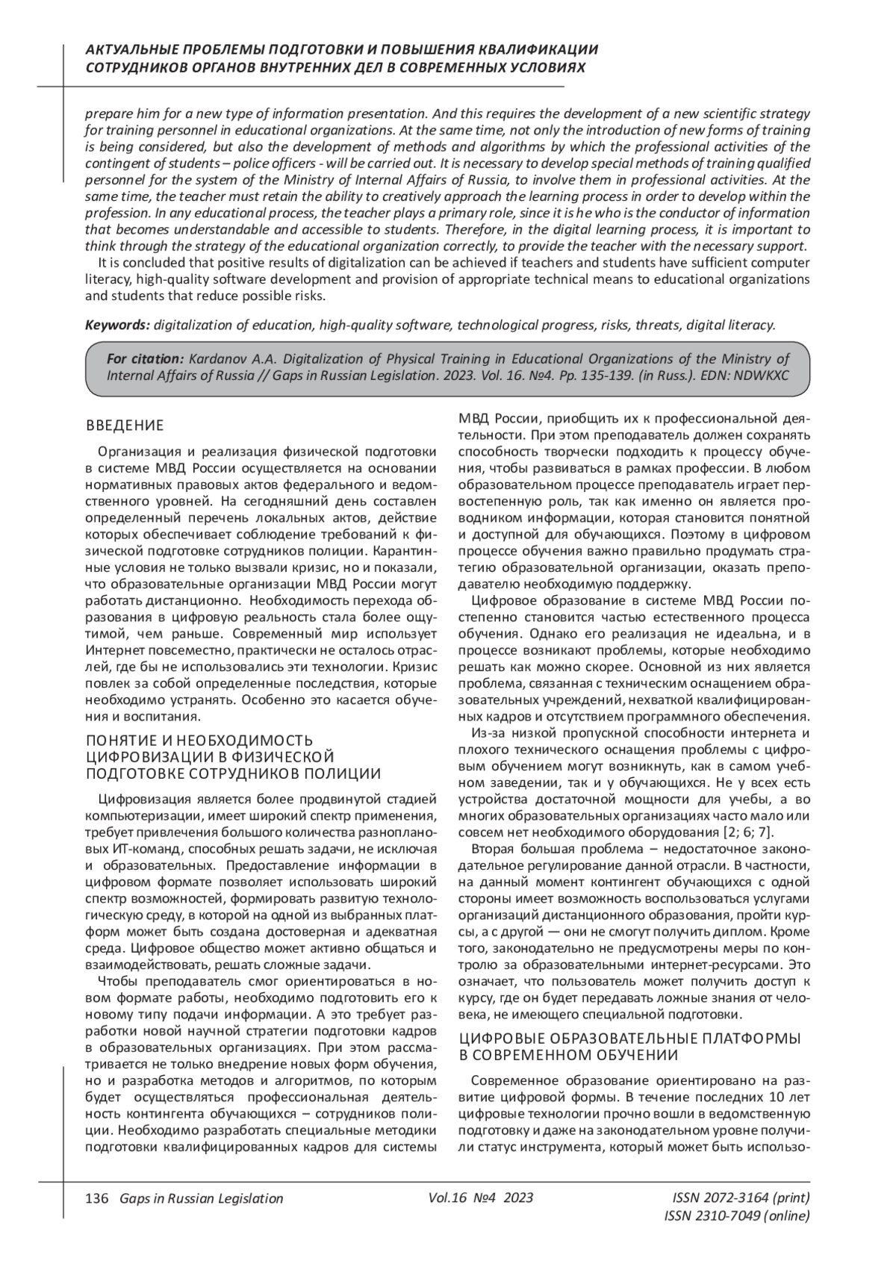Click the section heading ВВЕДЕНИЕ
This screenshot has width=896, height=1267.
125,426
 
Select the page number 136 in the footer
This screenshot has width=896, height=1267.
97,1198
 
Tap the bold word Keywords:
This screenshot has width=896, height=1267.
117,325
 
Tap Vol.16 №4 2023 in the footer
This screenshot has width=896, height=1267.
481,1198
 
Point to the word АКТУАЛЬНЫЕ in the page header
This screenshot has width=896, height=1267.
130,50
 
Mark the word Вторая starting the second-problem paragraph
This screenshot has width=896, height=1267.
495,849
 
